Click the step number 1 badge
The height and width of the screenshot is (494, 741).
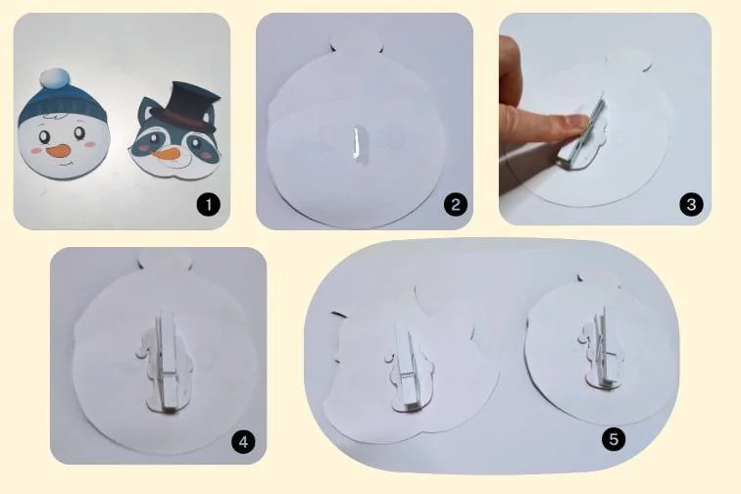pyautogui.click(x=209, y=205)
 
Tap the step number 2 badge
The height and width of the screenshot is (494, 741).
pyautogui.click(x=455, y=204)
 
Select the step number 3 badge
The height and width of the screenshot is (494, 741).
pyautogui.click(x=691, y=204)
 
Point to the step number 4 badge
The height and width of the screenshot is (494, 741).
pyautogui.click(x=243, y=442)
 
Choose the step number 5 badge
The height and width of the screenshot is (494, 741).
pyautogui.click(x=614, y=439)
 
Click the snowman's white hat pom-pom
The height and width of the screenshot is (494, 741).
pyautogui.click(x=54, y=78)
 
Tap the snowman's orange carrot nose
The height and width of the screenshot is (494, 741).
pyautogui.click(x=58, y=151)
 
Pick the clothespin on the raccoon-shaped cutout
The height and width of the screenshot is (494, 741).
pyautogui.click(x=408, y=367)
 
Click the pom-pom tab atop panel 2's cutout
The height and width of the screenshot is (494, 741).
pyautogui.click(x=357, y=41)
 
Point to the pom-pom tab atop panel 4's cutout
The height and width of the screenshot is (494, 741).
pyautogui.click(x=165, y=260)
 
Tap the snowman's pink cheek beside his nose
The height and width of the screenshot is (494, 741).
pyautogui.click(x=35, y=150)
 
